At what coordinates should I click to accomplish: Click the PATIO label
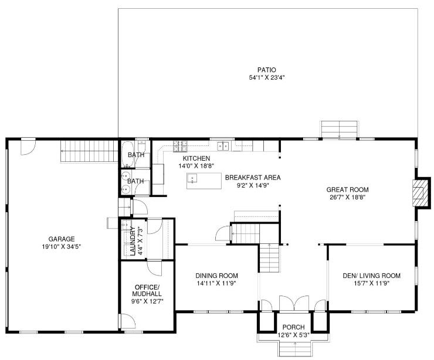pos(266,70)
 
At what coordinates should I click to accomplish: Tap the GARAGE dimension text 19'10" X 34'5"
pos(62,246)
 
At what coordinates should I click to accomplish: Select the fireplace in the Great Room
pos(421,192)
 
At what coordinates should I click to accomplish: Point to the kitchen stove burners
pos(180,147)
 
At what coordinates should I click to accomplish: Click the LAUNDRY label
pos(133,240)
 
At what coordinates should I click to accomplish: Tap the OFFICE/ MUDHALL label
pos(147,290)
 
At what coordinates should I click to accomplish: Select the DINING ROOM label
pos(216,276)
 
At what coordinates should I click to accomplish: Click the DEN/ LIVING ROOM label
pos(371,276)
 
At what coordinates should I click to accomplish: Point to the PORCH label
pos(293,327)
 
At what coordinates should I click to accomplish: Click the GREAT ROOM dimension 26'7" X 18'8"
pos(347,197)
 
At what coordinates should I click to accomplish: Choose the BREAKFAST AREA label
pos(253,178)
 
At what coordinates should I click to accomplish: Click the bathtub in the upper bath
pos(127,154)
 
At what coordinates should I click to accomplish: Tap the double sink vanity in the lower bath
pos(126,182)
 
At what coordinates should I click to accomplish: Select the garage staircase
pos(89,151)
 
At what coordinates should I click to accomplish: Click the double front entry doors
pos(294,304)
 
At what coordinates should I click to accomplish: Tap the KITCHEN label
pos(196,158)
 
